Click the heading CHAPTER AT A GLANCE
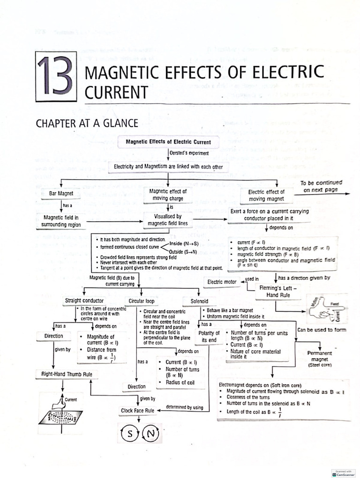pyautogui.click(x=87, y=123)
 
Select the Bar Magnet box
pyautogui.click(x=61, y=194)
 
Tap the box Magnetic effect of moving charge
pyautogui.click(x=168, y=195)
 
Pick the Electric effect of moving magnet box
pyautogui.click(x=266, y=195)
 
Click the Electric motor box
pyautogui.click(x=222, y=282)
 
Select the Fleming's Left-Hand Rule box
pyautogui.click(x=278, y=292)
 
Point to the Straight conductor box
pyautogui.click(x=84, y=300)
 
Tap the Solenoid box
pyautogui.click(x=199, y=301)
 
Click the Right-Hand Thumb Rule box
pyautogui.click(x=64, y=374)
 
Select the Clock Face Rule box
pyautogui.click(x=137, y=411)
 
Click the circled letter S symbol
pyautogui.click(x=130, y=434)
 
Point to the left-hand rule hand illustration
pyautogui.click(x=324, y=309)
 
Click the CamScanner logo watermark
pyautogui.click(x=343, y=473)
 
